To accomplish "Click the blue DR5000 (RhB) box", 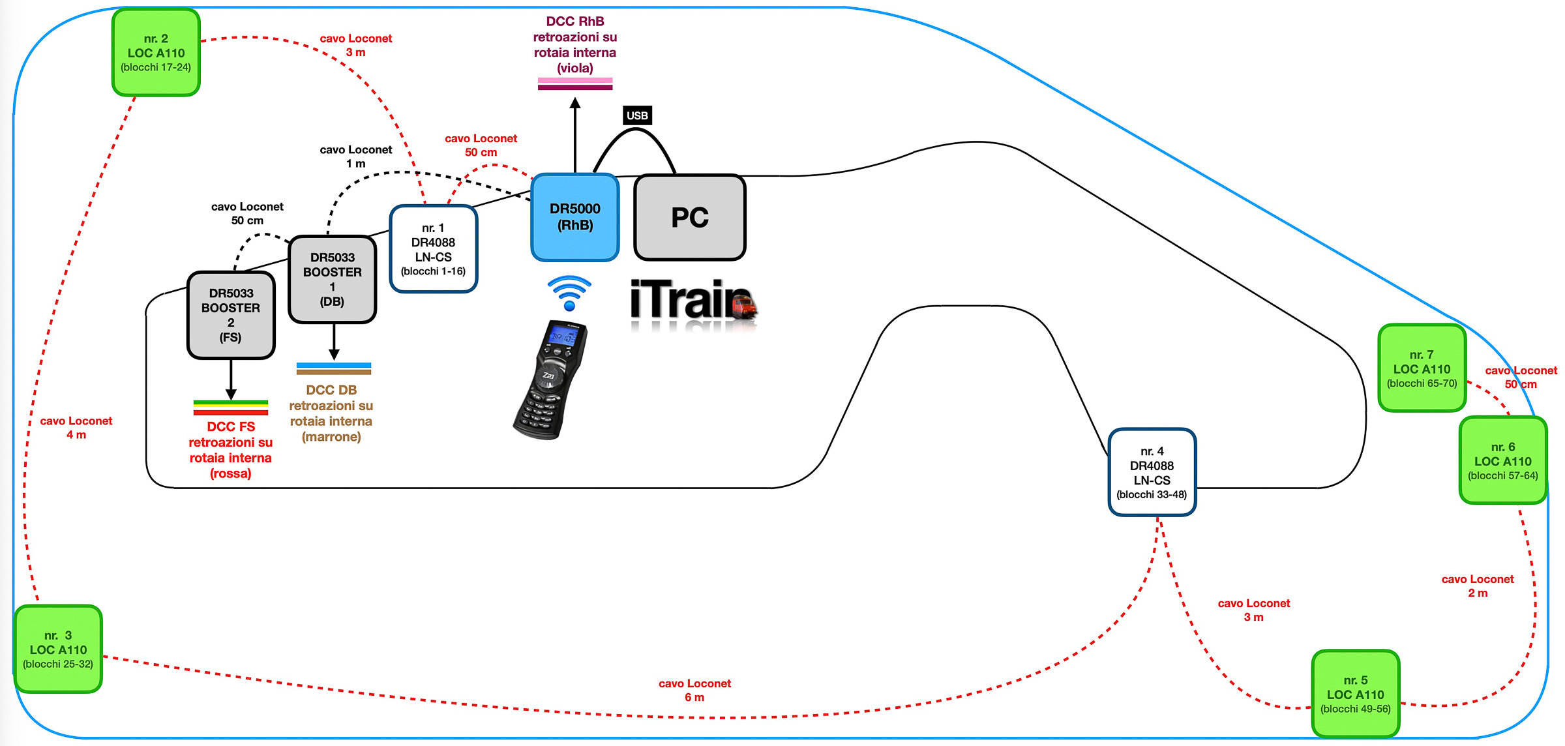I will point(574,217).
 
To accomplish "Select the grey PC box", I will point(689,217).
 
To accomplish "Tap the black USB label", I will point(637,115).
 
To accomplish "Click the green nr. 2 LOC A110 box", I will point(156,53).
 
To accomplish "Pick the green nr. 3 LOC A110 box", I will point(58,649).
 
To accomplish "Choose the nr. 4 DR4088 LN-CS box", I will point(1152,472).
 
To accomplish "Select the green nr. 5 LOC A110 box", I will point(1355,694).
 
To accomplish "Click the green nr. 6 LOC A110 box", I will point(1502,460).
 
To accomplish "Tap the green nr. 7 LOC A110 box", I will point(1422,368).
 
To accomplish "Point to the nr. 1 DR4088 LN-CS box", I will point(433,249).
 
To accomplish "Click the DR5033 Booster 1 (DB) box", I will point(332,279).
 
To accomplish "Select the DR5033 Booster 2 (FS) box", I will point(231,315).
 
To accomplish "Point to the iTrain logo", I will point(693,301).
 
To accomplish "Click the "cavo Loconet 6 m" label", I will point(694,690).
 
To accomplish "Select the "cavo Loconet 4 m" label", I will point(76,428).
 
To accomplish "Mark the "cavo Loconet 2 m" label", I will point(1477,586).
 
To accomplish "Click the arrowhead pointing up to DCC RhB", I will point(574,103).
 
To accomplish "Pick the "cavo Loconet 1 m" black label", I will point(355,157).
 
